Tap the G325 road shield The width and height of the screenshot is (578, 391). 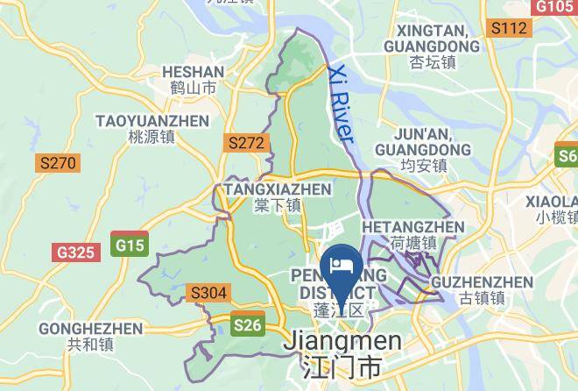tap(74, 252)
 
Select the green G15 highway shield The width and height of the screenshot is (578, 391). tap(130, 245)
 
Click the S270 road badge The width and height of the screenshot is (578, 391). tap(58, 163)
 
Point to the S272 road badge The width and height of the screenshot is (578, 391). tap(245, 142)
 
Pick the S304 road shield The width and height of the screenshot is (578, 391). tap(208, 293)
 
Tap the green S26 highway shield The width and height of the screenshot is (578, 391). tap(248, 326)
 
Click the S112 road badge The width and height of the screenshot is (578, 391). tap(509, 28)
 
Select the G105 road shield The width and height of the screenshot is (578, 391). tap(553, 7)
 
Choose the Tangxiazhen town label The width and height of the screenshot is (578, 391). tap(278, 188)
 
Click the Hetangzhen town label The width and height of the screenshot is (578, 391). tap(413, 227)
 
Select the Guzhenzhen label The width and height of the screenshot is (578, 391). tap(483, 282)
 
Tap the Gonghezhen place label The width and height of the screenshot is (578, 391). tap(90, 329)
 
